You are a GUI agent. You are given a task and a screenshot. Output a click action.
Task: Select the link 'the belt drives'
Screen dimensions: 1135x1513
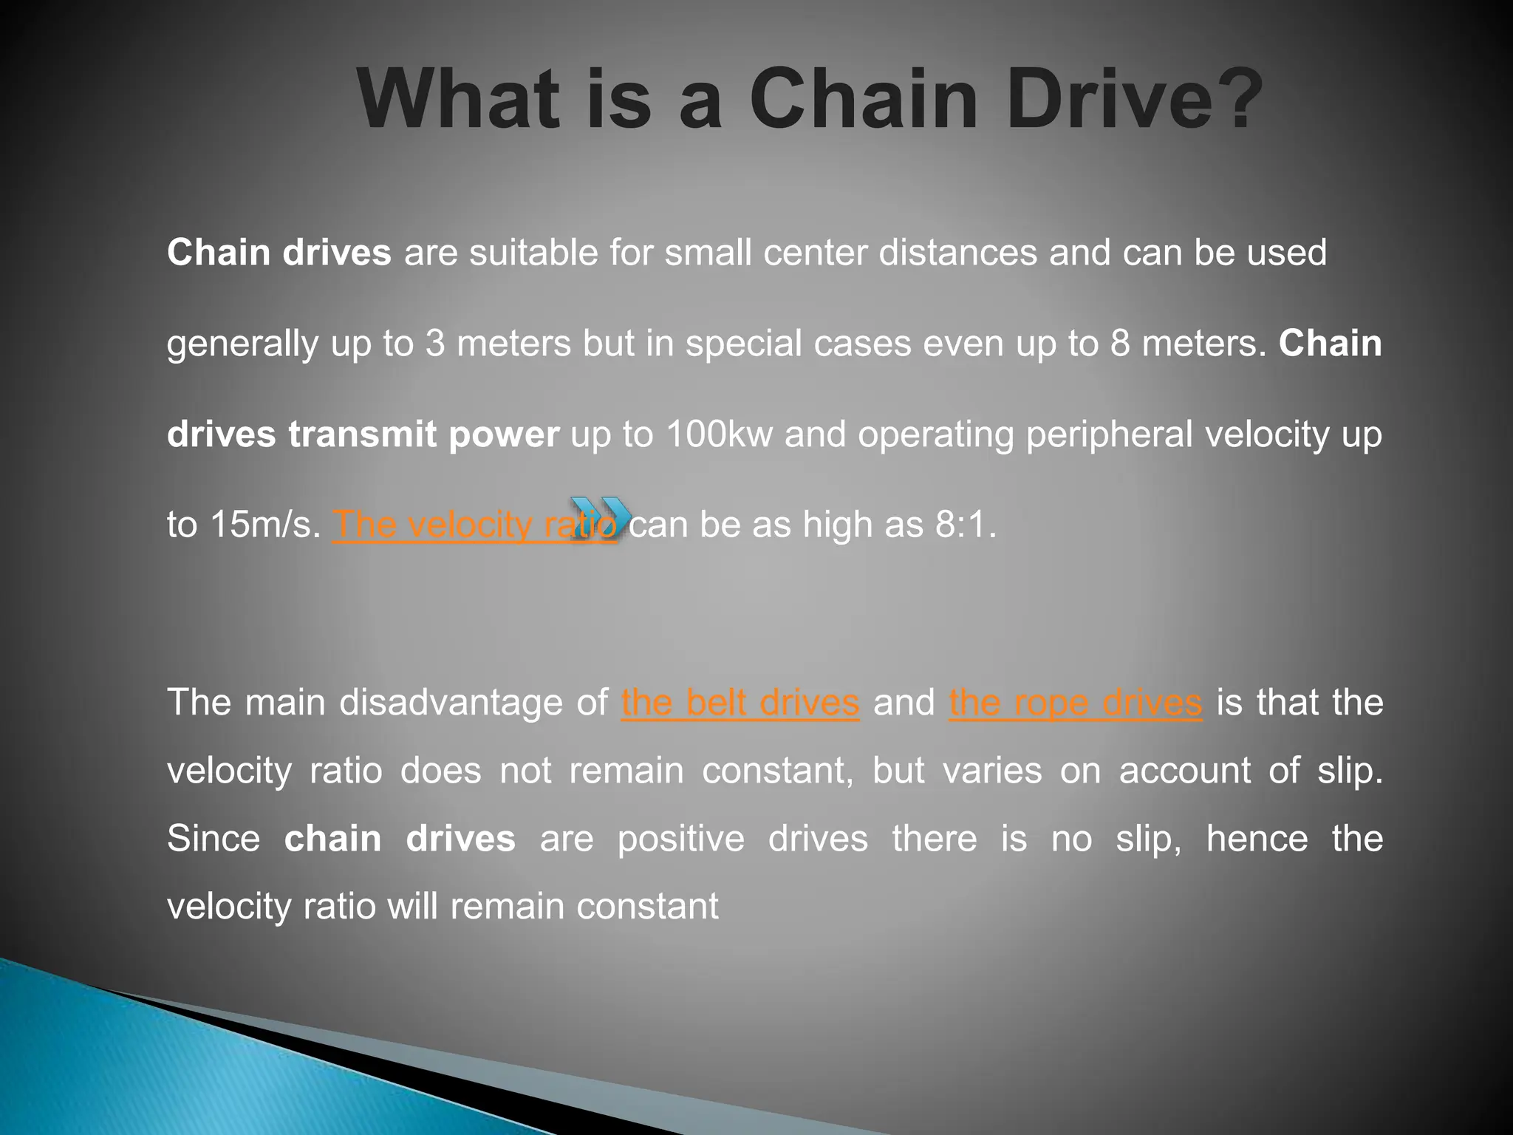click(740, 702)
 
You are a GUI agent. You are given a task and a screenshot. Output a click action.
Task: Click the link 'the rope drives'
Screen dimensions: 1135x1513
click(1076, 702)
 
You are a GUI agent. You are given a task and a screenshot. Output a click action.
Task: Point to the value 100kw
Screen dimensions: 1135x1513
click(718, 434)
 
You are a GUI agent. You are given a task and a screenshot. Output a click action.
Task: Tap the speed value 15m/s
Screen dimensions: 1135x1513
click(265, 525)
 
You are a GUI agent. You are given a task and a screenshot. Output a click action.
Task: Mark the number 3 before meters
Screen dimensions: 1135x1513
click(435, 344)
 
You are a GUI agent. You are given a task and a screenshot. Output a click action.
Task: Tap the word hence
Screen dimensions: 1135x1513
click(1257, 839)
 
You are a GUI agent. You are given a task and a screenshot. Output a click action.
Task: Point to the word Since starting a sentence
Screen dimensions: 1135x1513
click(214, 839)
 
